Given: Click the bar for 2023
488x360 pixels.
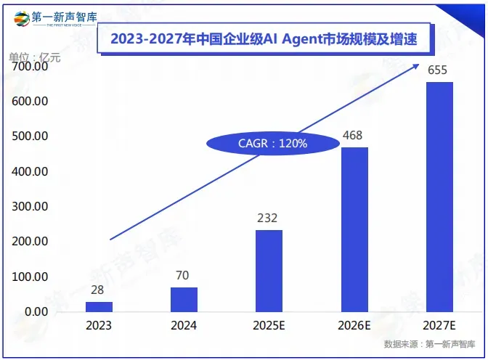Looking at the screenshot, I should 99,306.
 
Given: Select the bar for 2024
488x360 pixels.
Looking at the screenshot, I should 184,299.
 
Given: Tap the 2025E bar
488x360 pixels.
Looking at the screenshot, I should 269,271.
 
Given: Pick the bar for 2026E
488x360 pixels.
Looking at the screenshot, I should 354,229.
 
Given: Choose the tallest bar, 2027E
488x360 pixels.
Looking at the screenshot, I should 439,197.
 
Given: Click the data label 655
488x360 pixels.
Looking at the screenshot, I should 439,70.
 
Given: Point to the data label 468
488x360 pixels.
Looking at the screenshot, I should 354,136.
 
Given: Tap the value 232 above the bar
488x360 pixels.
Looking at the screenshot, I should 268,218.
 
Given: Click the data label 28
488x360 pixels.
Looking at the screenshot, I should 98,290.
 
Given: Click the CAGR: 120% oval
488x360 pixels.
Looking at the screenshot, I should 273,144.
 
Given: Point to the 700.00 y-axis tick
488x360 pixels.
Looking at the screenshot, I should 30,67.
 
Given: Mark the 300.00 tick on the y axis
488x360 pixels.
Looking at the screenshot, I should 30,206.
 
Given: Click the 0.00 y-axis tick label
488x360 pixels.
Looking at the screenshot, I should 34,311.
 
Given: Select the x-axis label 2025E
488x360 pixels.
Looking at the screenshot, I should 269,326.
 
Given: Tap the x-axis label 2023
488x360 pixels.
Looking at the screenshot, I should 99,326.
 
